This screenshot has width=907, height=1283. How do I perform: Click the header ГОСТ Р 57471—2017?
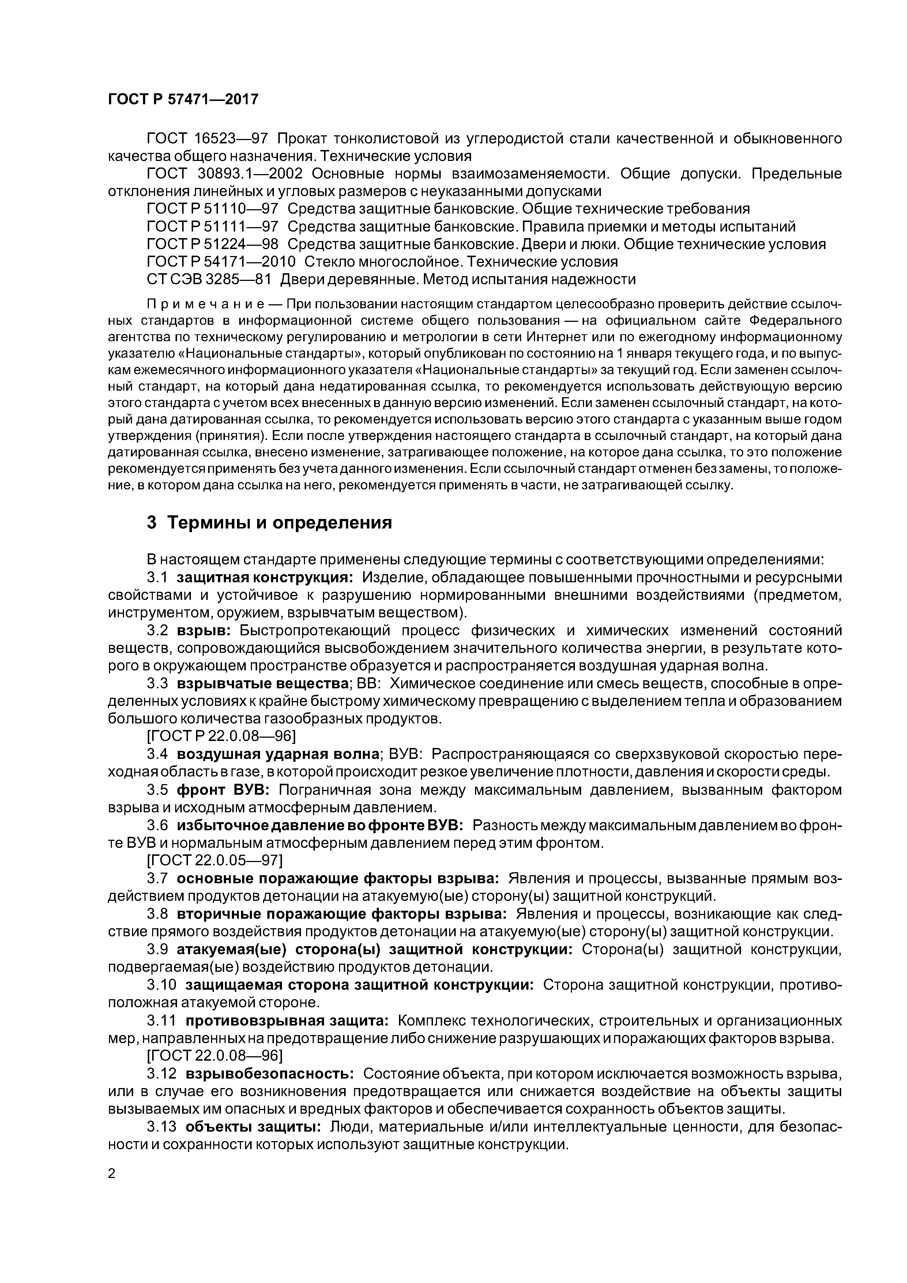point(183,99)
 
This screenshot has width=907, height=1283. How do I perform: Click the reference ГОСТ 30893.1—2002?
point(232,173)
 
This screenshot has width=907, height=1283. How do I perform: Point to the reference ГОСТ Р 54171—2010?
point(221,262)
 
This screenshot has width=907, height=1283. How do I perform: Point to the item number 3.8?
point(158,914)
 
